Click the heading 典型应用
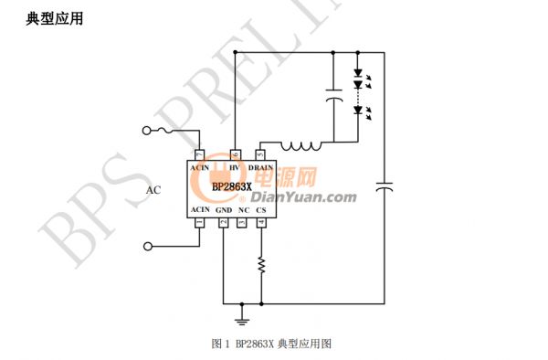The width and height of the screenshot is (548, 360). pyautogui.click(x=56, y=17)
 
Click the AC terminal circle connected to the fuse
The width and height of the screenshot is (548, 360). pyautogui.click(x=145, y=132)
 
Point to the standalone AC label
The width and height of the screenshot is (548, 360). pyautogui.click(x=154, y=190)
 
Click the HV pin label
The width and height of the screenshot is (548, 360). pyautogui.click(x=235, y=168)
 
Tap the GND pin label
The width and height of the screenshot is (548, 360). pyautogui.click(x=224, y=210)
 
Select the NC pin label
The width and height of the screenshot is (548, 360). pyautogui.click(x=243, y=210)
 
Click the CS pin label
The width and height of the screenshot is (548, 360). pyautogui.click(x=261, y=210)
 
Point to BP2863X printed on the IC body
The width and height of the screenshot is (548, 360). pyautogui.click(x=231, y=187)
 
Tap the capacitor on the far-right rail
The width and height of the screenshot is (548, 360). pyautogui.click(x=385, y=187)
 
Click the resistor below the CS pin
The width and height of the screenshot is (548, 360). pyautogui.click(x=261, y=266)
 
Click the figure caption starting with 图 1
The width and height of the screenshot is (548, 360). pyautogui.click(x=270, y=344)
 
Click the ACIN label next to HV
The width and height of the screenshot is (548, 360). pyautogui.click(x=200, y=168)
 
